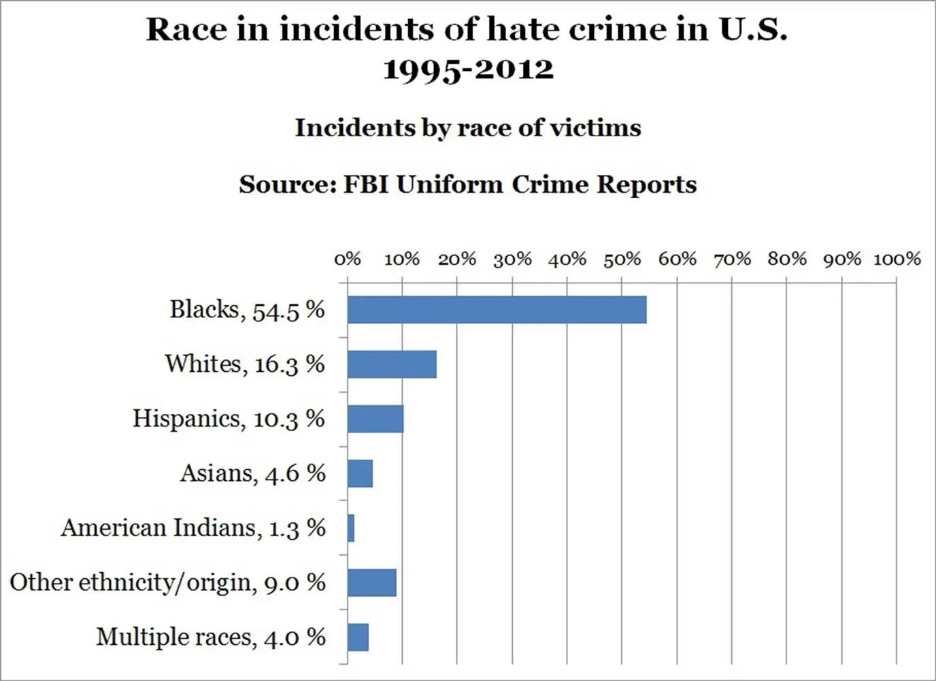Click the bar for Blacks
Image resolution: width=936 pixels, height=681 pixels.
point(497,310)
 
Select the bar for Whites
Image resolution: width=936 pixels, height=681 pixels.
point(392,364)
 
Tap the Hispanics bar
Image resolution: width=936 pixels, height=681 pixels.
point(375,419)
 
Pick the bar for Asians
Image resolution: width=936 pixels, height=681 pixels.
point(360,473)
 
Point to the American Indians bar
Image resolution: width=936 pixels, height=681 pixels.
point(351,528)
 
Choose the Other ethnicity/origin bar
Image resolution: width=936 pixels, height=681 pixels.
point(372,582)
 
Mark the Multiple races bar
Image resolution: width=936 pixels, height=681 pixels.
point(358,637)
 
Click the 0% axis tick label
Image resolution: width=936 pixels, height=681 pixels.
point(348,259)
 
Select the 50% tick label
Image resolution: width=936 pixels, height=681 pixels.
point(622,259)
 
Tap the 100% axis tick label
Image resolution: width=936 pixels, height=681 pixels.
point(897,259)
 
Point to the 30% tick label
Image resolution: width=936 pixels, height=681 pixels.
point(512,259)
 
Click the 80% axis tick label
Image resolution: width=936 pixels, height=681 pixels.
point(787,259)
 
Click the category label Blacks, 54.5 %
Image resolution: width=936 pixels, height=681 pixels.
point(247,310)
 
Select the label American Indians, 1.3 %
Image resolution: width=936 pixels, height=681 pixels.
point(193,528)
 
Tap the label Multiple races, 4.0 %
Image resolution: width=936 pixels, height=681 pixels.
point(211,637)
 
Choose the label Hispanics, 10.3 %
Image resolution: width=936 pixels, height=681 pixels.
point(229,419)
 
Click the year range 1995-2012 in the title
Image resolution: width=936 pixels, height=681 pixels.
point(468,69)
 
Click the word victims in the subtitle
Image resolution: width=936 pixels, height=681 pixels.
point(595,128)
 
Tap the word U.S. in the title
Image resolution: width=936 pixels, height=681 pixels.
point(753,29)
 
